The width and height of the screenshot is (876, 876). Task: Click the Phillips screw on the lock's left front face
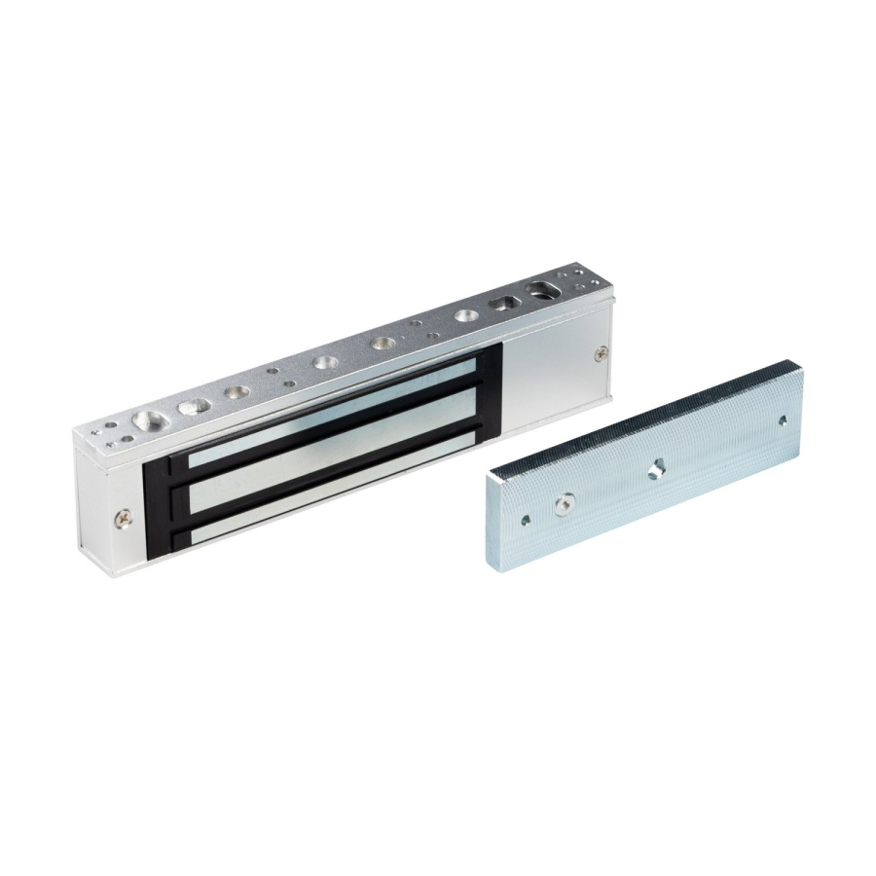coord(122,519)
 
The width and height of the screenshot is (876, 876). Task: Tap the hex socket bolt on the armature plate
coord(562,503)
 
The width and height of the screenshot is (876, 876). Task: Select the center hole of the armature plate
coord(658,467)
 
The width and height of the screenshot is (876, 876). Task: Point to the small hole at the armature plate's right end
coord(783,420)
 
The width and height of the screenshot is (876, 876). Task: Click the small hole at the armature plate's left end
coord(526,521)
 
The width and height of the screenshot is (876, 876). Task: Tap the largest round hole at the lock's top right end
coord(538,288)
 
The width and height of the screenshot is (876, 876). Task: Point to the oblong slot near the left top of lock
coord(194,404)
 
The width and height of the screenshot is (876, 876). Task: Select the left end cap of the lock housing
coord(96,496)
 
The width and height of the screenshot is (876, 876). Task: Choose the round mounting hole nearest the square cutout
coord(465,316)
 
